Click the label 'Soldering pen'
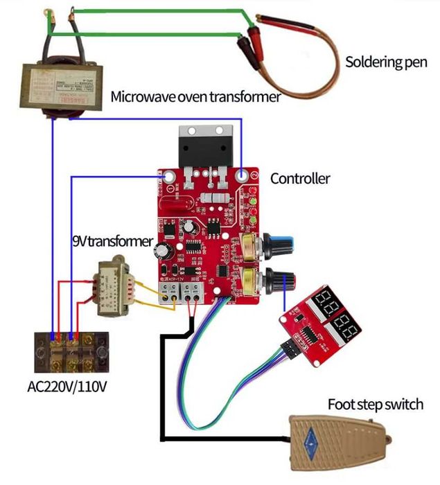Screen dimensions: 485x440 (x=386, y=62)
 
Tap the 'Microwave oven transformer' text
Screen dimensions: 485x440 (x=195, y=96)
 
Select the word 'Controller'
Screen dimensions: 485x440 (x=300, y=179)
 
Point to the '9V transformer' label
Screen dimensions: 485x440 (x=112, y=242)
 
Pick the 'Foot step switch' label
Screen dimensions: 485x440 (x=375, y=404)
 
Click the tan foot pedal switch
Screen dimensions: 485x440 (x=340, y=439)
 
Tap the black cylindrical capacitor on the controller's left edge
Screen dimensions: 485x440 (x=163, y=249)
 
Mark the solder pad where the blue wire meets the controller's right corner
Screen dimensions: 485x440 (x=242, y=176)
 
